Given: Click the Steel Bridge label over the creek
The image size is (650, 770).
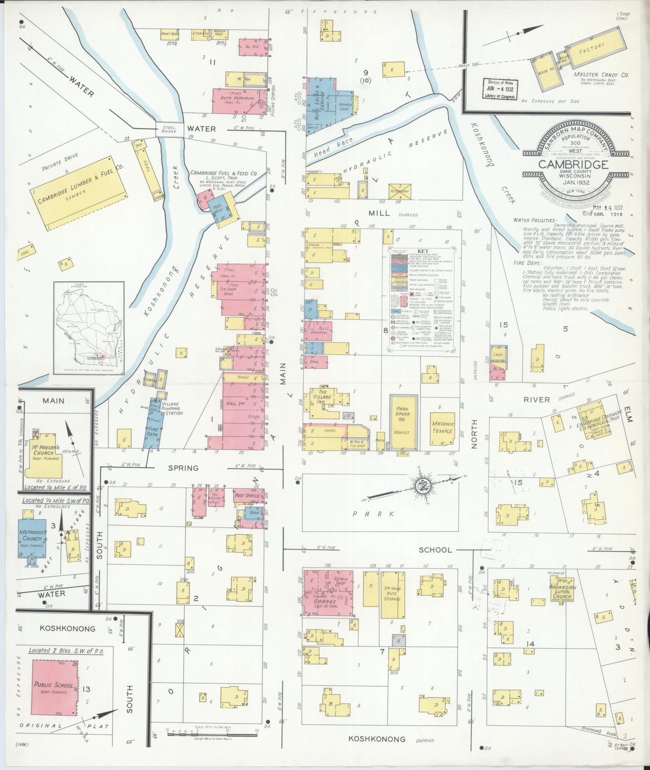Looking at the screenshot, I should coord(169,129).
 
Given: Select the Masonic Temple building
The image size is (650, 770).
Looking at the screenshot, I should coord(442,428).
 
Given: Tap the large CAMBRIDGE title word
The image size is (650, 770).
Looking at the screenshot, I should coord(573,164).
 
